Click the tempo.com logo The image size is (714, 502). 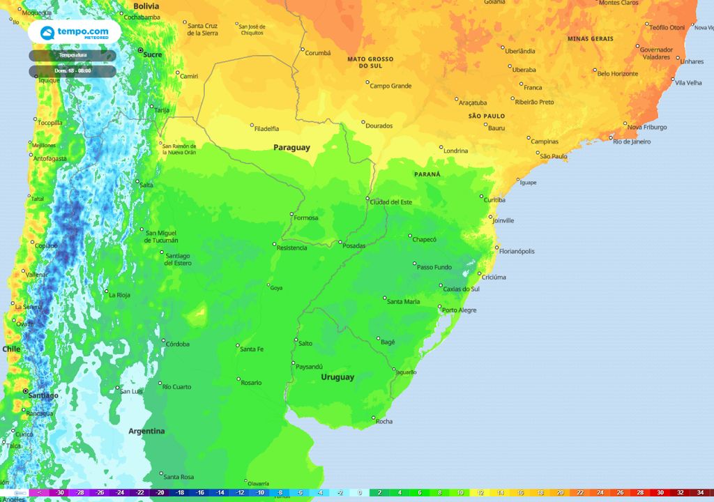74,32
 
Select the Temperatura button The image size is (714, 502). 73,55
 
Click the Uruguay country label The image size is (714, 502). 337,377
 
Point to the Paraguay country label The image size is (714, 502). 291,148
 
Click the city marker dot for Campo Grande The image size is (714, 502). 367,82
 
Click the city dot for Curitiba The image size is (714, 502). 482,197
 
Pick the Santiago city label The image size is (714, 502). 43,395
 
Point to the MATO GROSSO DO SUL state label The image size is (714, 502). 370,62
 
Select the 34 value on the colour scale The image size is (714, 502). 700,492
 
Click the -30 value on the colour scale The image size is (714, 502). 61,492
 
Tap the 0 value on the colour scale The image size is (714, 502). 360,492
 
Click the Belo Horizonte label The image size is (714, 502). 618,73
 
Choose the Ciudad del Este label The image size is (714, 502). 391,202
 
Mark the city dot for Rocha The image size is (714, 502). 372,418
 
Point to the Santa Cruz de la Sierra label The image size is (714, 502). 203,29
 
